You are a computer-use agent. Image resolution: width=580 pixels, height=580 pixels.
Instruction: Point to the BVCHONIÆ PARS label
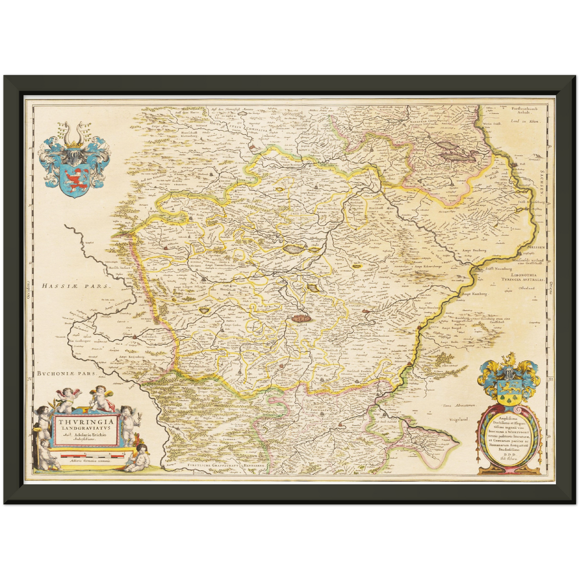67,373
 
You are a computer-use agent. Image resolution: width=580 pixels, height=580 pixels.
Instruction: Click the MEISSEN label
532,247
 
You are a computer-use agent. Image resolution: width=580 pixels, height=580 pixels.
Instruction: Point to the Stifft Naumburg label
499,269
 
